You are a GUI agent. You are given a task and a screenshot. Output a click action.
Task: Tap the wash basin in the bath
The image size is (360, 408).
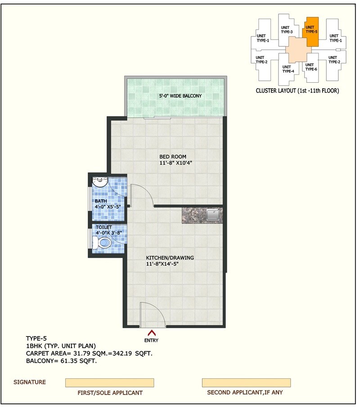click(x=99, y=182)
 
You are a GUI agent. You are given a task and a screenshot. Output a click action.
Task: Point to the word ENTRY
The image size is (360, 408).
click(x=152, y=341)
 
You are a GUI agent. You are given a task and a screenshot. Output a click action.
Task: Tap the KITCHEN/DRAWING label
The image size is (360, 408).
click(x=170, y=258)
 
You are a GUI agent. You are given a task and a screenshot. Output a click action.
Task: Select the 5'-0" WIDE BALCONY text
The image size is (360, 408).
click(x=180, y=96)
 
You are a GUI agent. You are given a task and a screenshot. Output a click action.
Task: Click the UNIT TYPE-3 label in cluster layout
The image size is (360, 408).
click(x=287, y=29)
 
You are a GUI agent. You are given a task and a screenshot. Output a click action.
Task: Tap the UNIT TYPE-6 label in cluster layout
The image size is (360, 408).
click(x=311, y=67)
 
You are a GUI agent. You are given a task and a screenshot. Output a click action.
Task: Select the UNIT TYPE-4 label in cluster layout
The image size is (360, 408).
click(x=288, y=69)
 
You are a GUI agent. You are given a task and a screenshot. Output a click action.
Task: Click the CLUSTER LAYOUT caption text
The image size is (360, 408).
click(x=297, y=90)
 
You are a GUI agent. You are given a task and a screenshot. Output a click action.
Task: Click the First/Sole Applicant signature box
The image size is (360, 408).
click(x=109, y=382)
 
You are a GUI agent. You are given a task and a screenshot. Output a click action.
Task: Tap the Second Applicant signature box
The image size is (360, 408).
click(x=246, y=382)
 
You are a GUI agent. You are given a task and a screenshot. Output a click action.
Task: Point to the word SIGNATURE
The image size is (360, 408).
click(x=29, y=382)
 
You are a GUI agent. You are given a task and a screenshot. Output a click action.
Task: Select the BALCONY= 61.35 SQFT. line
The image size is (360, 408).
click(x=62, y=361)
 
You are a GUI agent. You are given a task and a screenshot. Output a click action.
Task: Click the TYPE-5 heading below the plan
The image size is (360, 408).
click(x=36, y=338)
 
